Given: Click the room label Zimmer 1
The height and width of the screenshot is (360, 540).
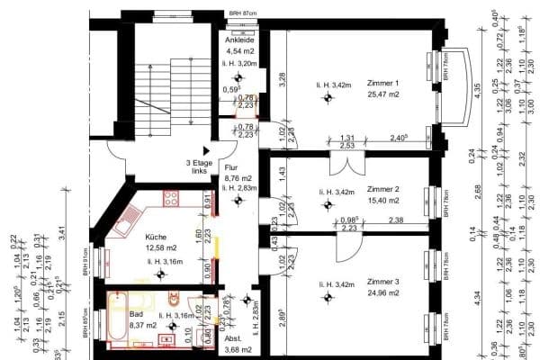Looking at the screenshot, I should [x=382, y=83].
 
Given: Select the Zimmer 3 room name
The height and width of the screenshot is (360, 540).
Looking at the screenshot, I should [x=383, y=282].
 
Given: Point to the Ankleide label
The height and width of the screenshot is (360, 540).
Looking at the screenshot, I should [x=240, y=40].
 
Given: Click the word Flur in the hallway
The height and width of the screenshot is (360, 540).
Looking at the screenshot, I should [x=230, y=168].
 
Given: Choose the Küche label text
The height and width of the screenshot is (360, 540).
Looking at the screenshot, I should [x=157, y=238].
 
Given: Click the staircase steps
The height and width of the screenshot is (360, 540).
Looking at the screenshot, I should [x=167, y=90].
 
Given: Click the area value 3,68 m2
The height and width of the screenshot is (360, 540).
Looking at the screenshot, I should [x=238, y=349].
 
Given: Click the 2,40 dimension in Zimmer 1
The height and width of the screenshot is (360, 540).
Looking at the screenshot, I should [x=400, y=137].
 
